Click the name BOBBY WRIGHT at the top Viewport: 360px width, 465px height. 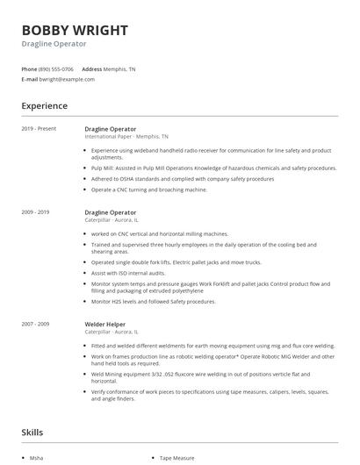[75, 30]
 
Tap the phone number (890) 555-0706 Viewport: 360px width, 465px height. [57, 68]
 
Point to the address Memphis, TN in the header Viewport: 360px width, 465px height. [120, 68]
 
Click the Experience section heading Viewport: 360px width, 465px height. [44, 106]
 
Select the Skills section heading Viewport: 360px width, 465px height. [32, 432]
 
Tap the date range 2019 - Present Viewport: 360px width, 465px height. [39, 129]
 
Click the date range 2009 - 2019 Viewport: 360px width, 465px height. [35, 212]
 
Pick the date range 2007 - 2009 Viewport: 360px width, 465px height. [35, 299]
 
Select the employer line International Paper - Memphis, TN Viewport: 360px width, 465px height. [126, 137]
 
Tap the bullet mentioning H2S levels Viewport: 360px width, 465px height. [153, 301]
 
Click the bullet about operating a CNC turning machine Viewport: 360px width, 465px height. [148, 189]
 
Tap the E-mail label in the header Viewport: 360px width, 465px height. [29, 79]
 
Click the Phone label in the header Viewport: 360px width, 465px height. [29, 68]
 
